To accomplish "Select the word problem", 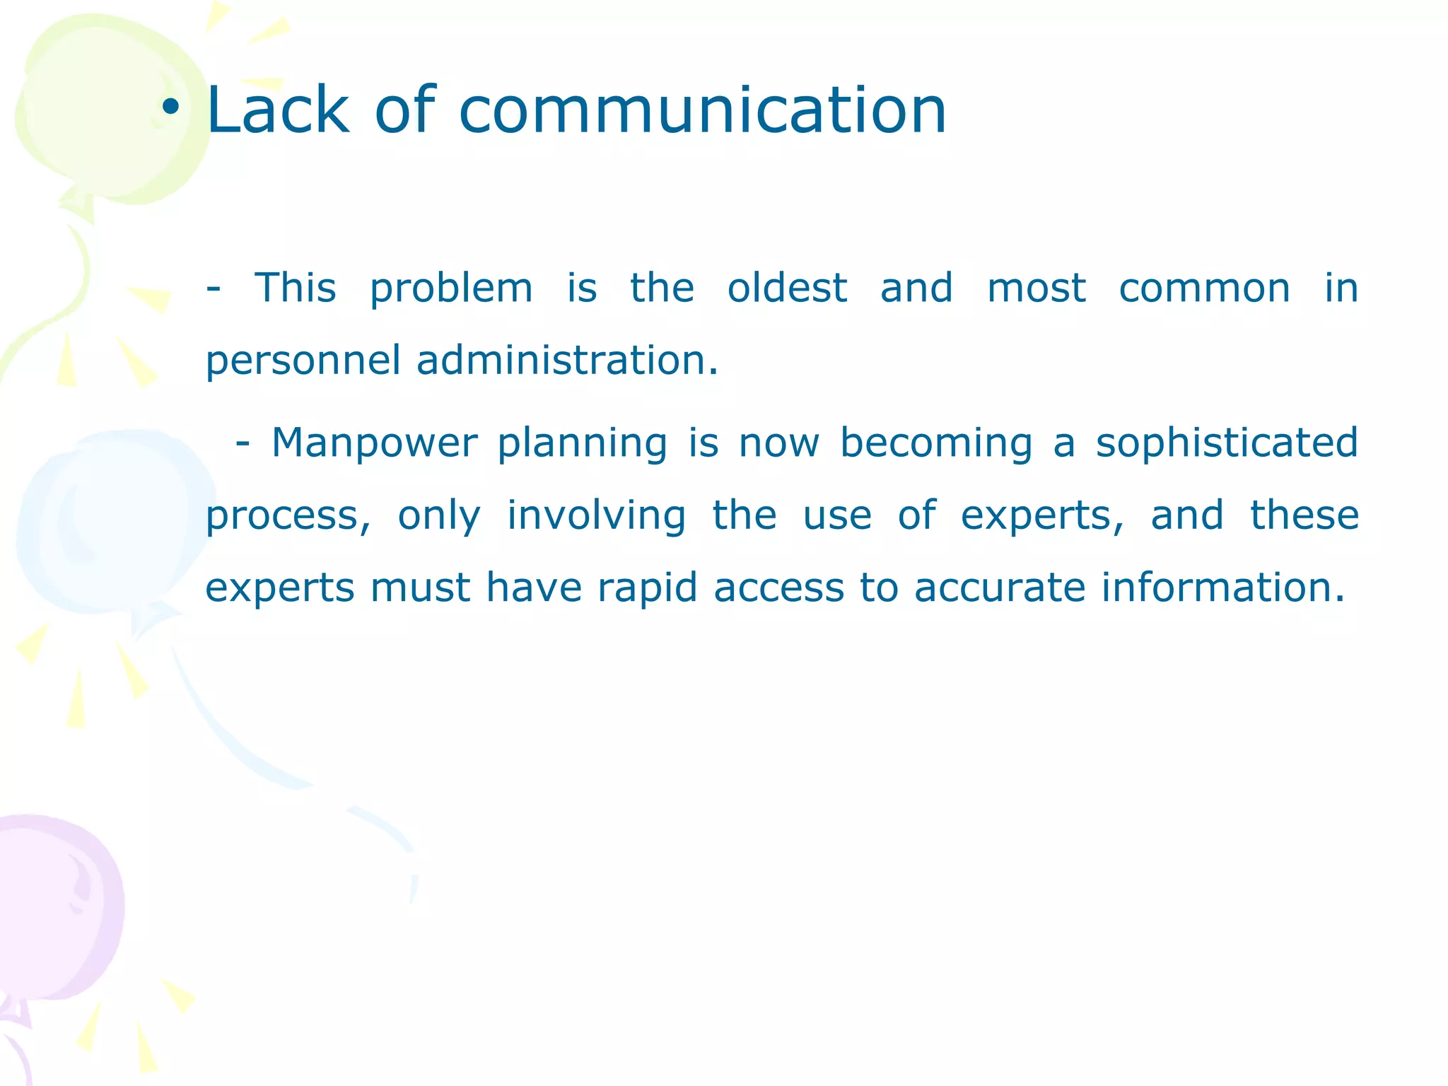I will pos(451,289).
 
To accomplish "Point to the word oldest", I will pos(787,288).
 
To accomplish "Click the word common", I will pos(1204,288).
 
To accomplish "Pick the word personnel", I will pos(303,361).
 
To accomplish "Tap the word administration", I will pos(566,360).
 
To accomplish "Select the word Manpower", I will pos(374,443).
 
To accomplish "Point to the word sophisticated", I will pos(1227,443).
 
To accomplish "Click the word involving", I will pos(596,516).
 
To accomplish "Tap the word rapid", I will pos(648,588).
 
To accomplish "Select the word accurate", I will pos(1000,588).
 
